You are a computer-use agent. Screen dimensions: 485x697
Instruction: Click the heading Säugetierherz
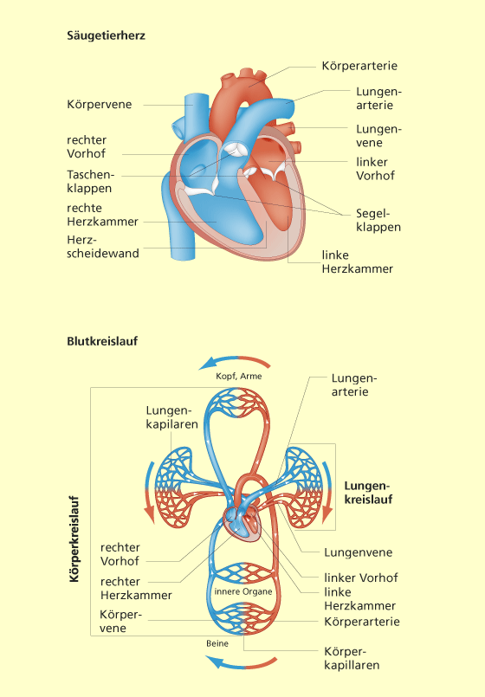coord(106,35)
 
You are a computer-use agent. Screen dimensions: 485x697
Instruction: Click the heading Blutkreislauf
coord(102,341)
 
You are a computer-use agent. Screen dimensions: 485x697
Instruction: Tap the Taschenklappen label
coord(91,181)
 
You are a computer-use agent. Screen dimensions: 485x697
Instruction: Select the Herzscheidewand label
coord(103,247)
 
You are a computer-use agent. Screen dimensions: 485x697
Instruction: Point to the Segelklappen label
coord(378,221)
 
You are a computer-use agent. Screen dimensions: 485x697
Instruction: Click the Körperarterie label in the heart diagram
coord(359,66)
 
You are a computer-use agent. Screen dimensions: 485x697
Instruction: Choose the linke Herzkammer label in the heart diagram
coord(358,261)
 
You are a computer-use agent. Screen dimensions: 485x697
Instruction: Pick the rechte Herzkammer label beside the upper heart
coord(102,215)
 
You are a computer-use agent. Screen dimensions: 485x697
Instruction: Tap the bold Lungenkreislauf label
coord(369,493)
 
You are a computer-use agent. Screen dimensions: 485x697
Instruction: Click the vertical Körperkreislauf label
coord(74,539)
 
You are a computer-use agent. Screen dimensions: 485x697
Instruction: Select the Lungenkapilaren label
coord(171,417)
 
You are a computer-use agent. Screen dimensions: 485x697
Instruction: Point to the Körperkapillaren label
coord(352,658)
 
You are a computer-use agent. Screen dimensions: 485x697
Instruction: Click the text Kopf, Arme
coord(239,376)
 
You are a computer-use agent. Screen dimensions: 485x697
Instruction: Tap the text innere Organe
coord(243,591)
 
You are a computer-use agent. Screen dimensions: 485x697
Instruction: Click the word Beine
coord(217,643)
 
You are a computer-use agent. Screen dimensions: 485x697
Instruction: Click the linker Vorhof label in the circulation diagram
coord(361,578)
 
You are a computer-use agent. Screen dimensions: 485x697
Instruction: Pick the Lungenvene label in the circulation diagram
coord(359,552)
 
